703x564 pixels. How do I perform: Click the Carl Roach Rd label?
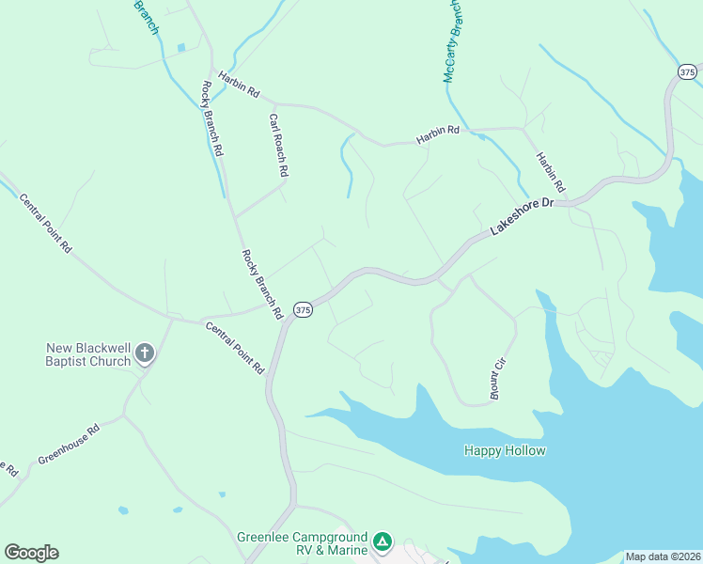(x=278, y=146)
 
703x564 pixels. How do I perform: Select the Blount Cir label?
(x=500, y=379)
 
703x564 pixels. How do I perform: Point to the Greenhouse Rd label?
(x=69, y=446)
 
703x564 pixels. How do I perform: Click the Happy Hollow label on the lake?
(x=505, y=450)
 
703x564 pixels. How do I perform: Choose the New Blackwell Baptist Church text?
(x=88, y=353)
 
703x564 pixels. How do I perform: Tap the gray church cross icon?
(x=144, y=353)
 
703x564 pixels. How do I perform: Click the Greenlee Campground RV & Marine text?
(x=300, y=542)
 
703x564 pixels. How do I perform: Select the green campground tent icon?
(x=382, y=541)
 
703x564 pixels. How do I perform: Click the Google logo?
(x=31, y=553)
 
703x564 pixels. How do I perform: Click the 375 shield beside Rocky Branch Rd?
(x=302, y=309)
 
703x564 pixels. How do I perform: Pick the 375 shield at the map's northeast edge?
(x=687, y=71)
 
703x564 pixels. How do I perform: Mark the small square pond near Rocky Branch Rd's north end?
(x=180, y=48)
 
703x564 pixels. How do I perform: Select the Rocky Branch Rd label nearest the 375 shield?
(x=262, y=285)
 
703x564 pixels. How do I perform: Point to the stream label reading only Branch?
(x=146, y=17)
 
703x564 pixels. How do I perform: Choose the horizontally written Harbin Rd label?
(x=439, y=132)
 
